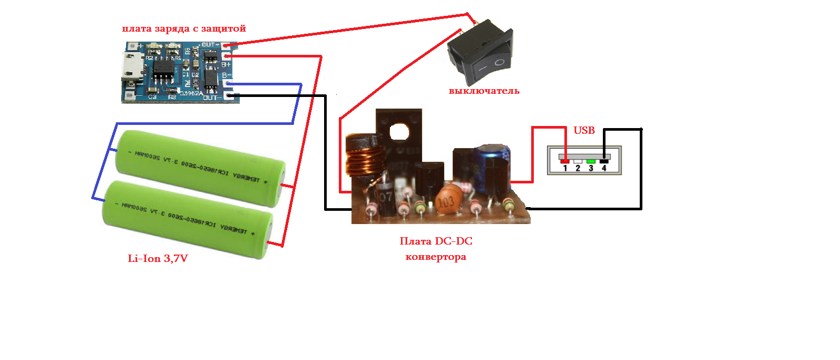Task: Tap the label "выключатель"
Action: click(x=484, y=91)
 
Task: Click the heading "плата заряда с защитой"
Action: click(x=184, y=28)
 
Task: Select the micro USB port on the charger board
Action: click(x=131, y=67)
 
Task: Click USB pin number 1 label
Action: click(x=565, y=168)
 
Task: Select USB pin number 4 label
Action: click(x=604, y=168)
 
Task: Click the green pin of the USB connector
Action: click(x=591, y=161)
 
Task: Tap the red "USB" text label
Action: click(x=584, y=130)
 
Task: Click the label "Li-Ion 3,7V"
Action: click(x=158, y=258)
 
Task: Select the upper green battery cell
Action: click(x=201, y=167)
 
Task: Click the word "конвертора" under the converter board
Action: click(x=435, y=257)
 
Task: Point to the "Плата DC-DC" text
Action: click(x=436, y=241)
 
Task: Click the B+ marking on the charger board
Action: click(x=226, y=64)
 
